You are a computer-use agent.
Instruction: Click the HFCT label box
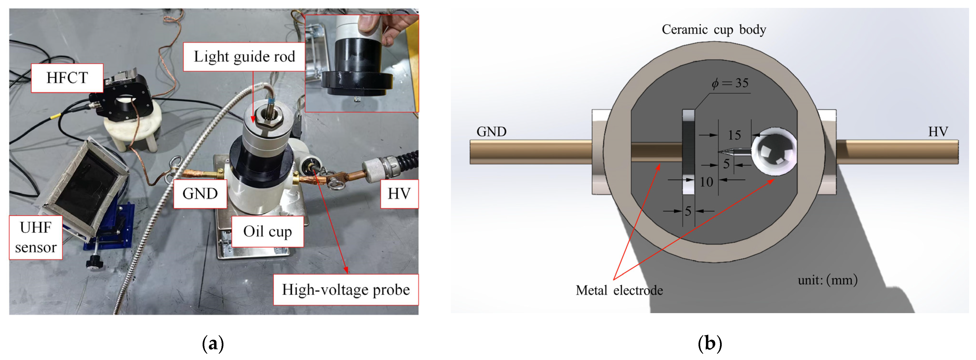pos(67,78)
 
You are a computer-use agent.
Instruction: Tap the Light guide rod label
pos(244,57)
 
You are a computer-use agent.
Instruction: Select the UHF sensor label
pos(36,238)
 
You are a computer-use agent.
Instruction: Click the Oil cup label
pos(267,232)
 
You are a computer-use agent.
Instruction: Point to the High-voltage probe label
pos(345,290)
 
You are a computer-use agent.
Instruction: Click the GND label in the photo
pos(200,194)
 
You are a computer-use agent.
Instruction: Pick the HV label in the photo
pos(399,194)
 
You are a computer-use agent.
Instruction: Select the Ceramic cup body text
pos(714,30)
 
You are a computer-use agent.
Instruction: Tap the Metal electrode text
pos(619,291)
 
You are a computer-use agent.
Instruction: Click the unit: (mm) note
pos(827,280)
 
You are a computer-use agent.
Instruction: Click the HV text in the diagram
pos(938,132)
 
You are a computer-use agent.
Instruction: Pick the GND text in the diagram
pos(491,132)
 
